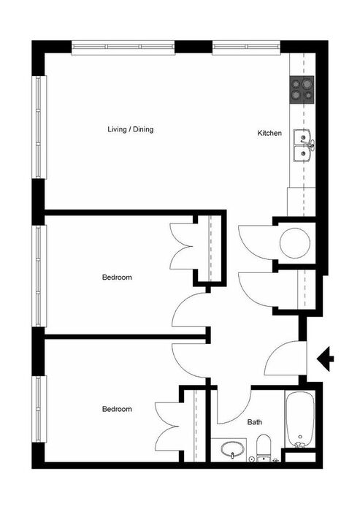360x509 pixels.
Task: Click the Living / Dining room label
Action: [x=130, y=129]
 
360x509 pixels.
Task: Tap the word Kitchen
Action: [x=269, y=133]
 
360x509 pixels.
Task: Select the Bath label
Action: [x=255, y=422]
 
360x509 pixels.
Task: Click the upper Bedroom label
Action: [x=117, y=278]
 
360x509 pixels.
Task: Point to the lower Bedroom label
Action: [x=117, y=409]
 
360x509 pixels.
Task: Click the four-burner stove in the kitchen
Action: [x=302, y=90]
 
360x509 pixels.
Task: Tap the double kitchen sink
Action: [x=302, y=145]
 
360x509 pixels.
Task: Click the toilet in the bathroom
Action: [x=264, y=448]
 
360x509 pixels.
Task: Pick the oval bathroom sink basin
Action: [x=232, y=450]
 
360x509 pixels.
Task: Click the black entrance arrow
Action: [x=325, y=359]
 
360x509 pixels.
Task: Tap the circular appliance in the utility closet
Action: [x=295, y=242]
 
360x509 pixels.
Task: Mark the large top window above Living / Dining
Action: [x=123, y=47]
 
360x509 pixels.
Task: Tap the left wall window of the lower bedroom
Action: [x=39, y=409]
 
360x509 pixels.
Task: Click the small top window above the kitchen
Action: [x=246, y=47]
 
